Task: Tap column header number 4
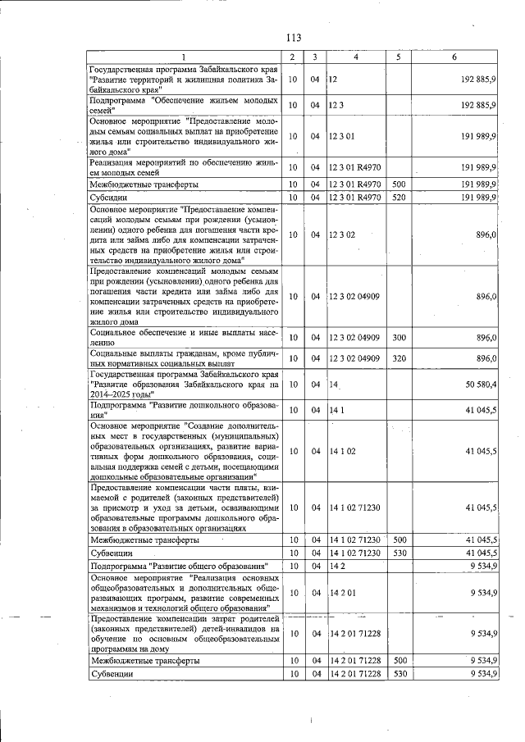pos(355,57)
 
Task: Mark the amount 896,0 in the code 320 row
pos(486,358)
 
